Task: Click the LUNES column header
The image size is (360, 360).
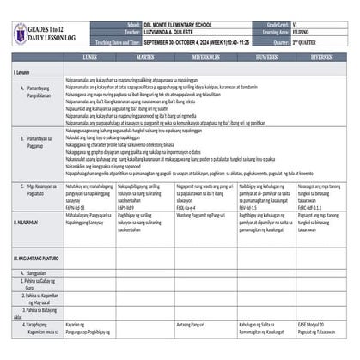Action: [89, 55]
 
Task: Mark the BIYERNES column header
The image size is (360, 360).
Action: [321, 55]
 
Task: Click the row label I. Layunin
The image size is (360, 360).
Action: [23, 73]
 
